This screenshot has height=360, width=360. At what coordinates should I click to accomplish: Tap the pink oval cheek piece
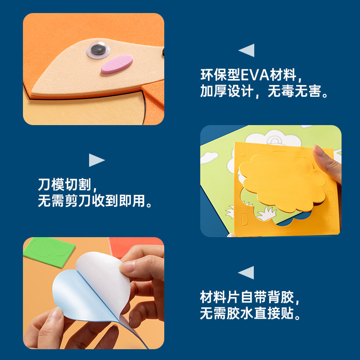click(x=117, y=64)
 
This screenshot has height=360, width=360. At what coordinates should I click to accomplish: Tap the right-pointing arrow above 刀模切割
click(x=96, y=160)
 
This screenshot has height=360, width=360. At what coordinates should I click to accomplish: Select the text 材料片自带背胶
click(x=250, y=297)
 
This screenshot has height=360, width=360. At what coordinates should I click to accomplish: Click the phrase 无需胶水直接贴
click(x=250, y=314)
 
